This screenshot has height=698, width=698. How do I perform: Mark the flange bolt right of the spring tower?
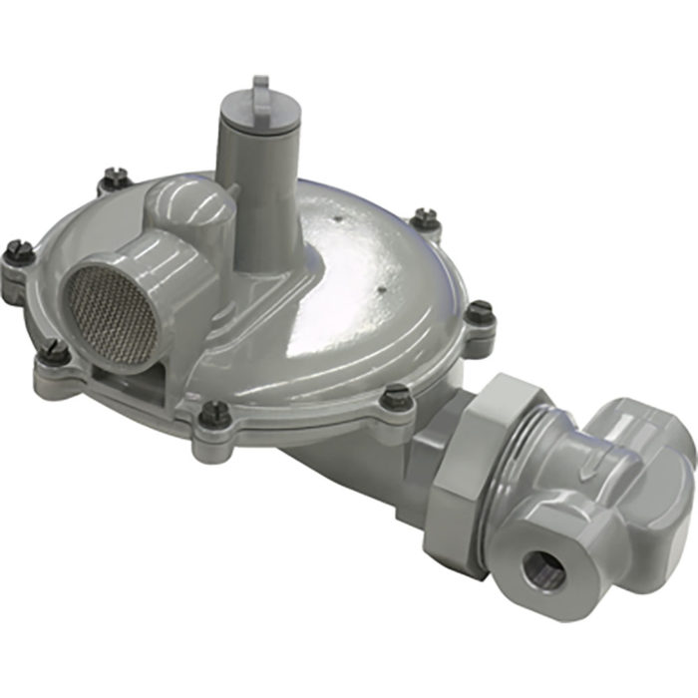pos(426,217)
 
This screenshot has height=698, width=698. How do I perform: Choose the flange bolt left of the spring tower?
pos(116,177)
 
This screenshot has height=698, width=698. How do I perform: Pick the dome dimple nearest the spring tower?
pos(340,215)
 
